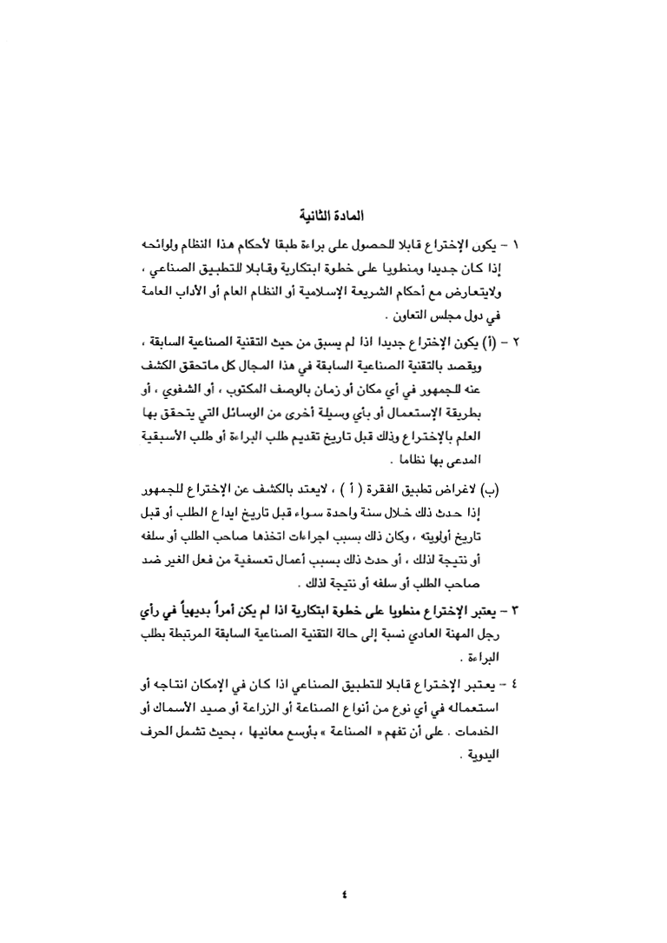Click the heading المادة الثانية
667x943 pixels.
click(x=333, y=214)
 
